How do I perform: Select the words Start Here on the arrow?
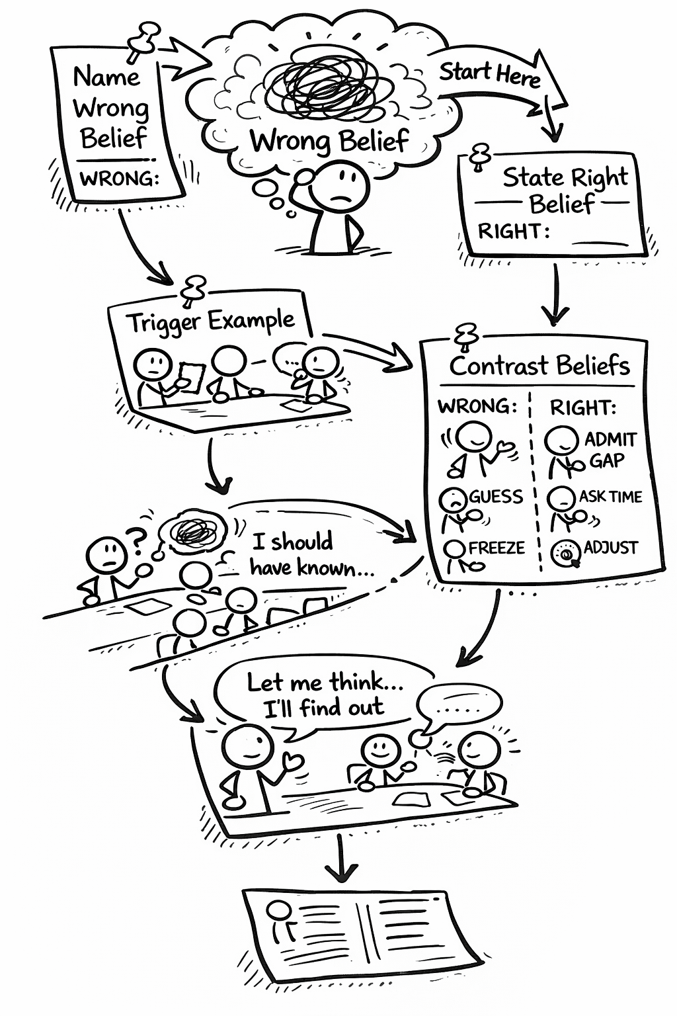[490, 74]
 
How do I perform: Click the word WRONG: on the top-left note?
[119, 179]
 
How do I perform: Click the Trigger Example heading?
[210, 322]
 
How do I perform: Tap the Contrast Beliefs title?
[539, 365]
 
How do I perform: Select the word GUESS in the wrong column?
[496, 497]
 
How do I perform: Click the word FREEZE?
[497, 548]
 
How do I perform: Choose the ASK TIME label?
[610, 497]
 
